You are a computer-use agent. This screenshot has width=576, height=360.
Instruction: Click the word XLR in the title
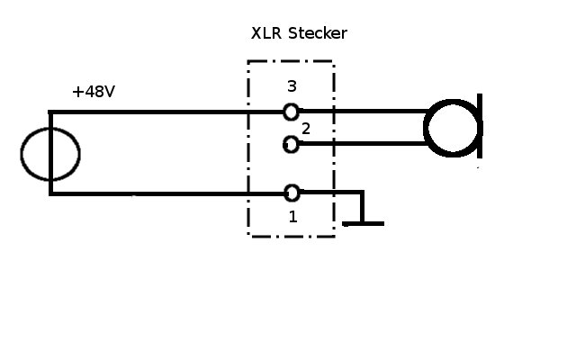coord(266,33)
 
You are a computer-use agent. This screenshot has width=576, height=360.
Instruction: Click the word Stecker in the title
coord(318,33)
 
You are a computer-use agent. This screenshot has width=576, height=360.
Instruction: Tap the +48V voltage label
coord(94,92)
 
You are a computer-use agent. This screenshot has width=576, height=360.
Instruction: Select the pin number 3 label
coord(292,86)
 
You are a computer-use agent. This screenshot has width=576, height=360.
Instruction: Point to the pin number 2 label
coord(306,129)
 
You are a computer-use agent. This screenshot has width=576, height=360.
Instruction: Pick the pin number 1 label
coord(292,217)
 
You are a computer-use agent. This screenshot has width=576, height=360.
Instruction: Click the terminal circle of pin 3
coord(292,112)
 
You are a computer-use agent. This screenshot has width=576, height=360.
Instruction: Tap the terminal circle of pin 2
coord(291,144)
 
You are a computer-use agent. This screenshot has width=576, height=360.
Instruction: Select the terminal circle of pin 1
coord(292,193)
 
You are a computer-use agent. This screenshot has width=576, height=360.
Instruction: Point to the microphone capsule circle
coord(426,128)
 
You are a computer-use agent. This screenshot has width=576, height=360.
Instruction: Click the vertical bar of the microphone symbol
coord(480,126)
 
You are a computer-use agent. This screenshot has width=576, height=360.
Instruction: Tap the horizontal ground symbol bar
coord(363,224)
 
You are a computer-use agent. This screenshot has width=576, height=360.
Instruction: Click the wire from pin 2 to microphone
coord(363,144)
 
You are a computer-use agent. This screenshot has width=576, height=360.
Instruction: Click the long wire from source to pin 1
coord(166,193)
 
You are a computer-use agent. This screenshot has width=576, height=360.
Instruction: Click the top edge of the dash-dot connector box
coord(291,61)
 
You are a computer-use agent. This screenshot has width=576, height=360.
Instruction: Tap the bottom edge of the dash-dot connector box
coord(291,236)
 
